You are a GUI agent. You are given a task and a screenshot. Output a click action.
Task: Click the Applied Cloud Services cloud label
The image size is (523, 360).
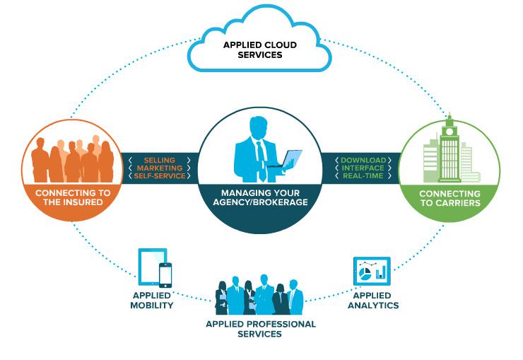(259, 49)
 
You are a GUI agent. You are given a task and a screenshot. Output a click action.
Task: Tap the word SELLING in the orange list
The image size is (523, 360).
(159, 161)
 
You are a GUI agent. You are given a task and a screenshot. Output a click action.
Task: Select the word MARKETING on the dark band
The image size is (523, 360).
(159, 168)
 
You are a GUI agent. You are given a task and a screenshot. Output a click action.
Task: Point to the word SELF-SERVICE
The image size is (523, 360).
(159, 176)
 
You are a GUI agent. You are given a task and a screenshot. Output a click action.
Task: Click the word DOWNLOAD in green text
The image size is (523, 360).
(363, 161)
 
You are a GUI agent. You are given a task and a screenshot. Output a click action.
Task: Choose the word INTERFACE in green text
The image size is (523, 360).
(363, 168)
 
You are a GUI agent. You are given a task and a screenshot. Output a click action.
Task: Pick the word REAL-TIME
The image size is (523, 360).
(363, 176)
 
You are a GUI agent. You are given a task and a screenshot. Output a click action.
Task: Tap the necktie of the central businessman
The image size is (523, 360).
(261, 152)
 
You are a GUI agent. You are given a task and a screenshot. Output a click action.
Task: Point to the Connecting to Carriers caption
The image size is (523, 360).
(449, 198)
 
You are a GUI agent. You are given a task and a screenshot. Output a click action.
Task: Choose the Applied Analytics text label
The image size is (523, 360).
(372, 300)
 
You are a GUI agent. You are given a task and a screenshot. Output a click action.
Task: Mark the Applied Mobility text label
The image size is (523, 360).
(152, 300)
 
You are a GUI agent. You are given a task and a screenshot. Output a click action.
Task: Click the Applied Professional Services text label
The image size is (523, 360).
(261, 329)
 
